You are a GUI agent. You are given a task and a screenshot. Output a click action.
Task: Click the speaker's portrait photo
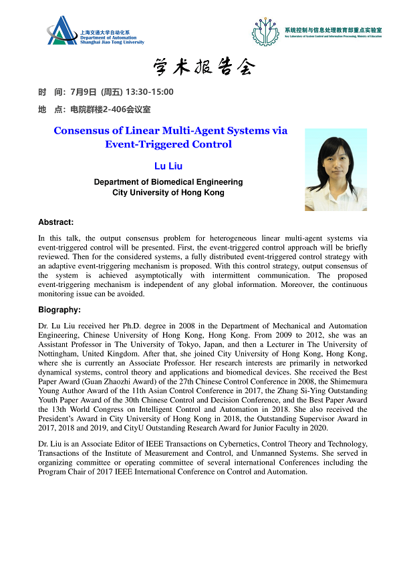336,170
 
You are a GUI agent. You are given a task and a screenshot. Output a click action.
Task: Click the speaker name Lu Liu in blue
168,166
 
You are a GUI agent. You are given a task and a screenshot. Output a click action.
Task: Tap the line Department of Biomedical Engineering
168,182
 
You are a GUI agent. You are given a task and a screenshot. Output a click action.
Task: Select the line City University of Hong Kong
168,192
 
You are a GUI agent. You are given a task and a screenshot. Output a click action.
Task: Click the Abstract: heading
55,222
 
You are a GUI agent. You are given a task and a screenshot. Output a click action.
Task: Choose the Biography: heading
59,309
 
